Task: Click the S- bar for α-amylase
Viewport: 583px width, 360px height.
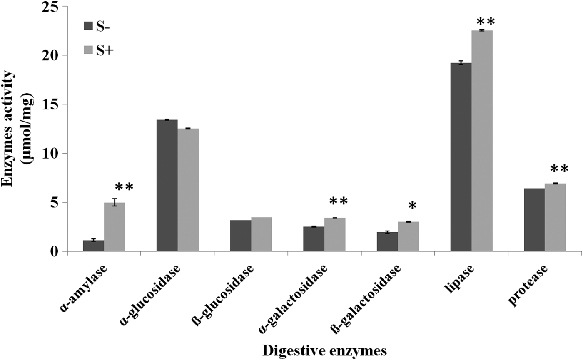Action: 93,246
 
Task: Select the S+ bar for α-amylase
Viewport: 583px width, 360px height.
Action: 115,227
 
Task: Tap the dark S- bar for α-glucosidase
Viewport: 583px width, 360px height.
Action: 167,186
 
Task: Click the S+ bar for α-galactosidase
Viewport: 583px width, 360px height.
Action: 335,235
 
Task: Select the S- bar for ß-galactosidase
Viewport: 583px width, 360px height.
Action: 387,242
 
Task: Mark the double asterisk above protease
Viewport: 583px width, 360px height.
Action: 559,169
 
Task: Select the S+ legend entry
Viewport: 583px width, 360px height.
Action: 100,50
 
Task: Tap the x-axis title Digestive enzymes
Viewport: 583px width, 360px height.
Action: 324,350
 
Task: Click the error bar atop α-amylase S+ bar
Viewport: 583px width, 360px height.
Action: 115,202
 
